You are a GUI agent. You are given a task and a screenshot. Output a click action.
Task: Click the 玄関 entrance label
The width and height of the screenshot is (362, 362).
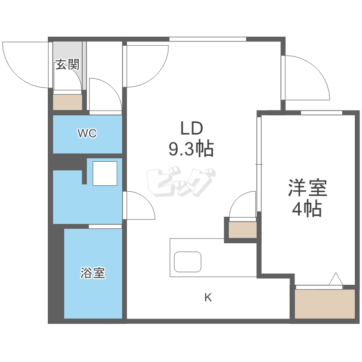pos(67,64)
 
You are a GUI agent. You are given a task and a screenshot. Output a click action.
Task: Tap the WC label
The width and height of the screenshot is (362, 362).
pos(87,134)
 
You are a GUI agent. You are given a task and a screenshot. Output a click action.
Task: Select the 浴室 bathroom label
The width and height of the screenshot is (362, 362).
pos(93,274)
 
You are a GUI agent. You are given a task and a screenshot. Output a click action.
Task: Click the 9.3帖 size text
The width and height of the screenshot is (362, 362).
pos(191,149)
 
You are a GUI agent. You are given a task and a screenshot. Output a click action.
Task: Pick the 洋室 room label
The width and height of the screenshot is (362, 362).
pos(308,188)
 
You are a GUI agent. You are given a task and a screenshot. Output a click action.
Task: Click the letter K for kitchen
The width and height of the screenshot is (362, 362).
pos(208,297)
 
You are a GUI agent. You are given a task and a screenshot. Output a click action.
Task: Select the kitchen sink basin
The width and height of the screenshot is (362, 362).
pos(188,262)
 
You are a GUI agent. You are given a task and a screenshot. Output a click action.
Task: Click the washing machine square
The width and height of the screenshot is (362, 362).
pos(105,174)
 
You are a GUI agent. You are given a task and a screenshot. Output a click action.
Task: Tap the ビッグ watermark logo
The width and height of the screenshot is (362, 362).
pos(181,182)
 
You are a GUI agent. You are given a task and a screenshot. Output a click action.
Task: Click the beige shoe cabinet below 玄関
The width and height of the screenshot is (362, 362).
pos(68,102)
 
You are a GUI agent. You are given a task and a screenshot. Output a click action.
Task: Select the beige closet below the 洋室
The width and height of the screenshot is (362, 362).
pos(325,304)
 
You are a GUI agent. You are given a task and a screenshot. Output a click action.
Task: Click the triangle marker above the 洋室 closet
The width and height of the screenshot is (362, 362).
pos(336,279)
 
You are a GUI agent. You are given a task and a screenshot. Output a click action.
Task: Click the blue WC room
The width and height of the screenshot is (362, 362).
pos(87,140)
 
